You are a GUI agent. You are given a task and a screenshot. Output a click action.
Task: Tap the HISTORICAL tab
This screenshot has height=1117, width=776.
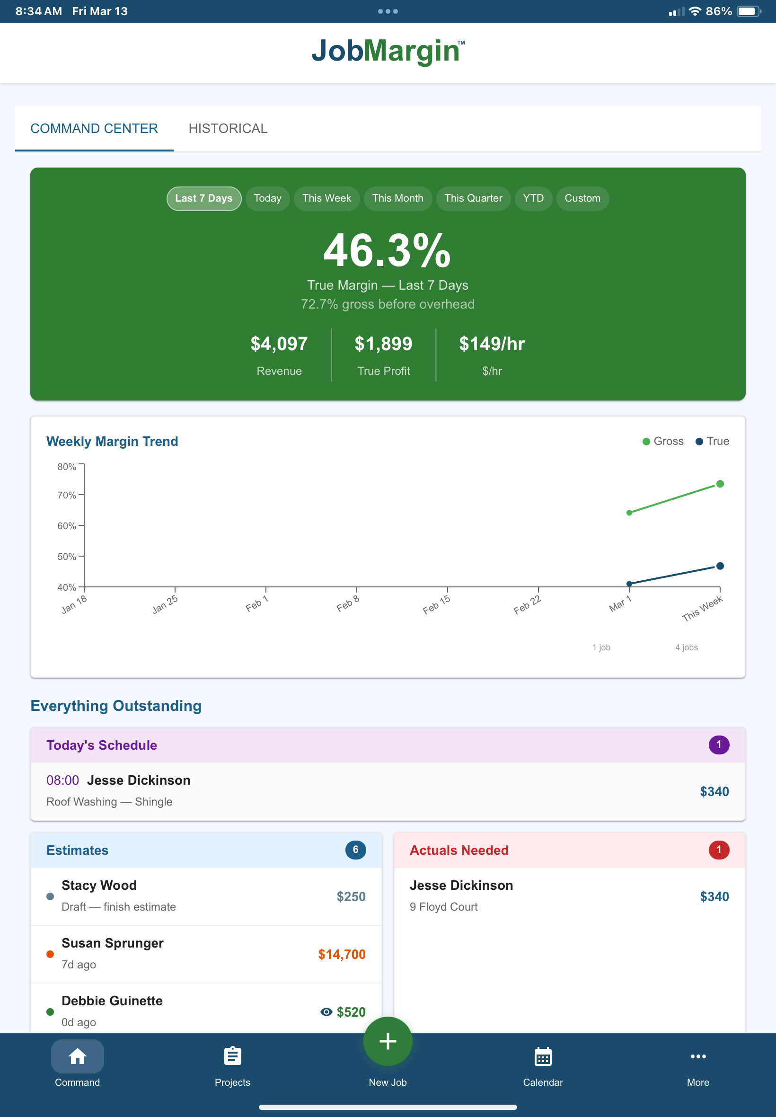coord(228,128)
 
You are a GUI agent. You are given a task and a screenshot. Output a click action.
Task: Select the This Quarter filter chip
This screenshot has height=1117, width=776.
coord(473,198)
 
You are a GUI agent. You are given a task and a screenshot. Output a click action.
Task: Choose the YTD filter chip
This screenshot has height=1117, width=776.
coord(533,198)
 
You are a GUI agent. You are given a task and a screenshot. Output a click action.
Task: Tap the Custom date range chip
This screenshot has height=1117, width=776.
coord(582,198)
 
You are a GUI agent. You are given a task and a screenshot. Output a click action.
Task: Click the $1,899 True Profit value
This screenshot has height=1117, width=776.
coord(383,344)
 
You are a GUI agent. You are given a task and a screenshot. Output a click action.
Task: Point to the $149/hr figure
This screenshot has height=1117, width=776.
coord(492,344)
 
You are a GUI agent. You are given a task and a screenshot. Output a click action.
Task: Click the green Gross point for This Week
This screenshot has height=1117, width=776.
coord(720,484)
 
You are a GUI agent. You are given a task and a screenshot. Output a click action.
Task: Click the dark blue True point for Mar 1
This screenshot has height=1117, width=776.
coord(629,584)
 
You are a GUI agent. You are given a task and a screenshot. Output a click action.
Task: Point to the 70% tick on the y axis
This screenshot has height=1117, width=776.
coord(67,495)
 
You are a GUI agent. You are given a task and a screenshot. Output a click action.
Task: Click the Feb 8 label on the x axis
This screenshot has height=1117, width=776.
coord(348,603)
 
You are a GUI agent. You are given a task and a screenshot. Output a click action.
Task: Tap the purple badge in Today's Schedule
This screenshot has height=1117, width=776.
coord(718,745)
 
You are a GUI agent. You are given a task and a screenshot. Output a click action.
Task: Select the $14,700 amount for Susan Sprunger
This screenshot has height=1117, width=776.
coord(341,954)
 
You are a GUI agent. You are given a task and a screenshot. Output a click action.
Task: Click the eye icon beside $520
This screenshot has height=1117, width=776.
coord(326,1011)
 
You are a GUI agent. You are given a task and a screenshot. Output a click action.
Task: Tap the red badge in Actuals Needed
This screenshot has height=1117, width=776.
coord(718,850)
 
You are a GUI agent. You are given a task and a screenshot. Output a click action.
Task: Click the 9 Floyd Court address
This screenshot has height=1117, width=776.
coord(443,906)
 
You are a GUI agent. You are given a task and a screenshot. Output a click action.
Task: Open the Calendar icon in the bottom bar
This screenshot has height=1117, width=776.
coord(543,1056)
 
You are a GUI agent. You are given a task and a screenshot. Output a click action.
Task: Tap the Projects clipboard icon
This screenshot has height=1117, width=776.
coord(232,1056)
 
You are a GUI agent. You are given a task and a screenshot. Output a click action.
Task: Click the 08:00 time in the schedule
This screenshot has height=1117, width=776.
coord(62,780)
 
